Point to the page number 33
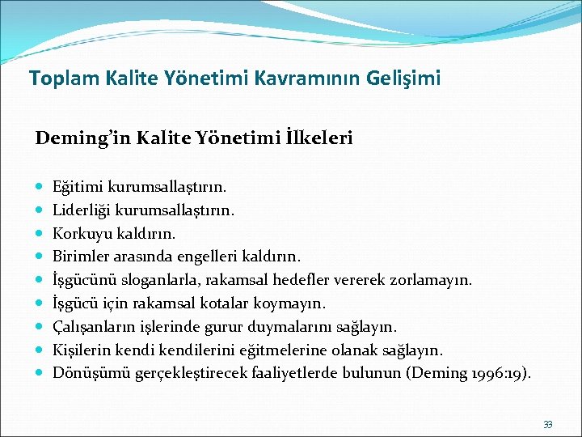pyautogui.click(x=548, y=424)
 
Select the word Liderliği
pyautogui.click(x=82, y=210)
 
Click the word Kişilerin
pyautogui.click(x=80, y=350)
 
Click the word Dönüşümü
pyautogui.click(x=86, y=373)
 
